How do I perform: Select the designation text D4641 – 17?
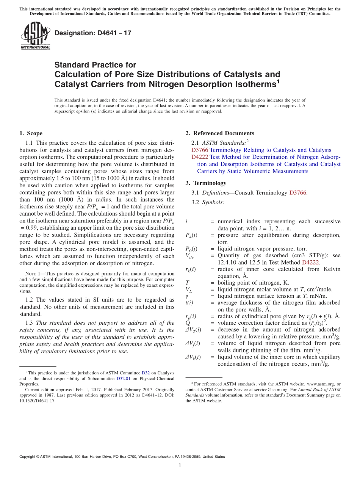93,33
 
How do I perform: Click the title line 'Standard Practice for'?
95,65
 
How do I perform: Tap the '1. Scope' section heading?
31,133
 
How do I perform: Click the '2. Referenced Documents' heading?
220,133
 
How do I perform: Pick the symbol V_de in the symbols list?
190,256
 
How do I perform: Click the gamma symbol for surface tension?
187,296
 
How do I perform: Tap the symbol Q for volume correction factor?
188,323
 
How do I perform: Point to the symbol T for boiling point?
187,282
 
